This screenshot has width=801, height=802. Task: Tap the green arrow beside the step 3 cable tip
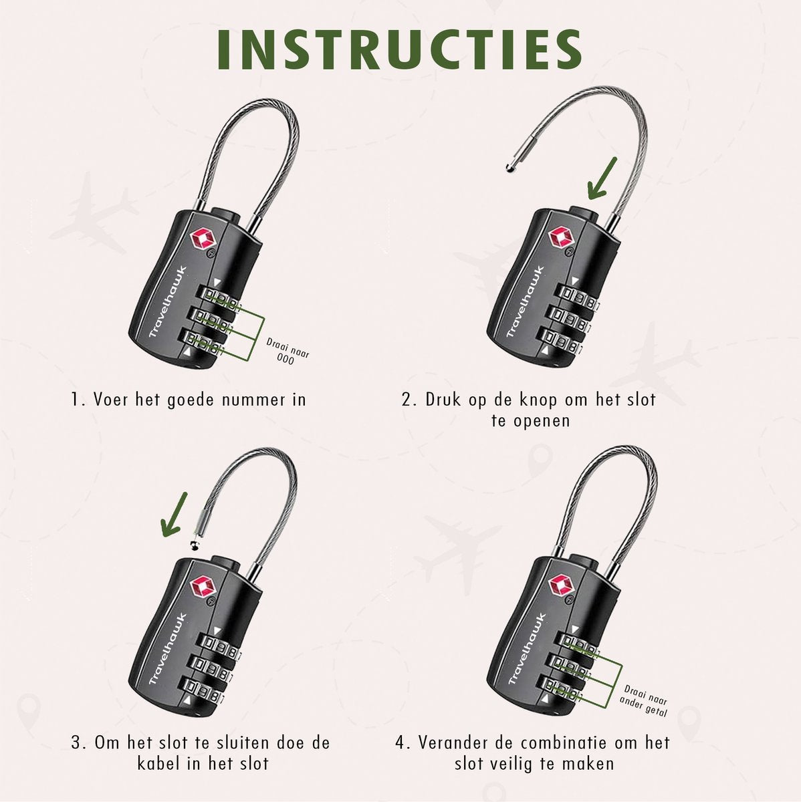point(175,514)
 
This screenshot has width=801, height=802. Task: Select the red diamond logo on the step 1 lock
point(203,240)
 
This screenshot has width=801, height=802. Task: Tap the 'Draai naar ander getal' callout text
point(644,701)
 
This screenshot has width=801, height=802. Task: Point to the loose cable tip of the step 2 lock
point(509,168)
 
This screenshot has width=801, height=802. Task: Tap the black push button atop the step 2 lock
point(583,216)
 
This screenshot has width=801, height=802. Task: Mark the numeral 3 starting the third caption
point(76,743)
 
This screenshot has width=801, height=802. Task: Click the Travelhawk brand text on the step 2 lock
point(526,301)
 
